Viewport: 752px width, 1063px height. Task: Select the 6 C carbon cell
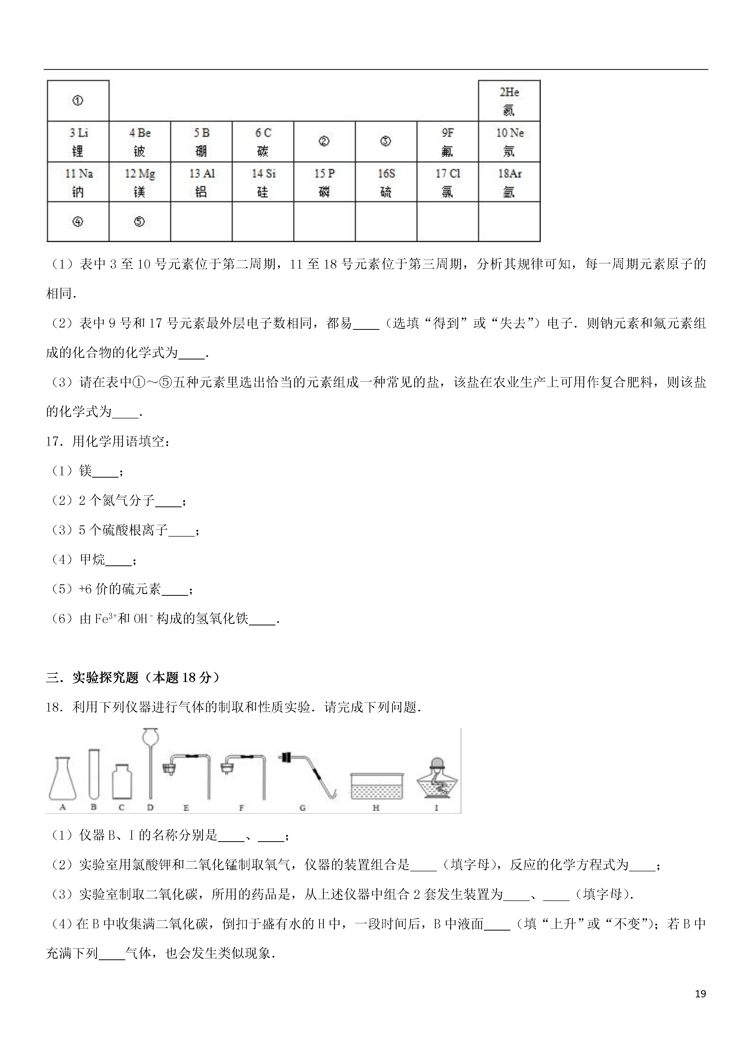263,142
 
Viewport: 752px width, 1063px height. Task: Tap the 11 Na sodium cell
78,182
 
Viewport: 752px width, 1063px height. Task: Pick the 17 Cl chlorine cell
447,182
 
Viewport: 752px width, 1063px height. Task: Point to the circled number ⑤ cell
140,222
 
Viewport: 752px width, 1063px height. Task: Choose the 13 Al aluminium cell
201,182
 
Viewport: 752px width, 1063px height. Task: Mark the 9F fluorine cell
447,142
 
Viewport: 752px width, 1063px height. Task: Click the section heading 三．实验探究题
133,678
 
